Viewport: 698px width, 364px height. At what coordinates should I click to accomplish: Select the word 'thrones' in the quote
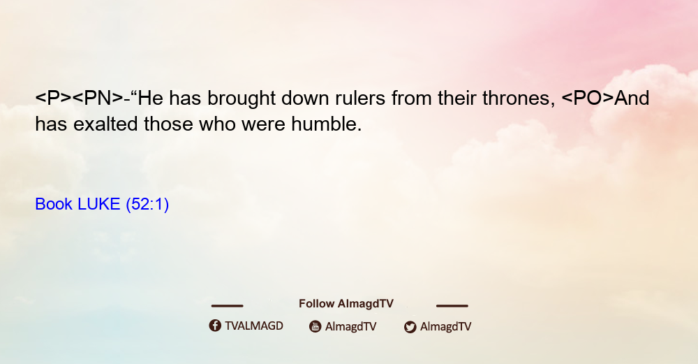pos(516,98)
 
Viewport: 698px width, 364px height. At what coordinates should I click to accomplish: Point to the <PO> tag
pos(588,98)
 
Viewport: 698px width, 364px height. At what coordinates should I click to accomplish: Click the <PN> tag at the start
pos(98,98)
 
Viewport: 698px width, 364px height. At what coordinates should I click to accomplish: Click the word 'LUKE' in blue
pos(99,204)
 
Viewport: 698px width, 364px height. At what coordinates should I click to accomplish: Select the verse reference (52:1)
pos(147,205)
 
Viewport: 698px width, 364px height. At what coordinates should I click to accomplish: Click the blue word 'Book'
pos(54,204)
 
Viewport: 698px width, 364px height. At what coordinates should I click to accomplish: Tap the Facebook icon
pos(215,326)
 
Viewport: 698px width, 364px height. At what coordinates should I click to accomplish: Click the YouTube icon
pos(315,326)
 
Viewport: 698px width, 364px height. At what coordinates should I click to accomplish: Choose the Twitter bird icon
pos(410,327)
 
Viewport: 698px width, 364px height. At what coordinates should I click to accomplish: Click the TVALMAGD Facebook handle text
pos(254,326)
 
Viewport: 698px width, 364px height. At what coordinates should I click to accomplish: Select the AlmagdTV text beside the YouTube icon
pos(351,326)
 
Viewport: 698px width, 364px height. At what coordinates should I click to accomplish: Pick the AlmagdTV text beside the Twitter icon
pos(445,326)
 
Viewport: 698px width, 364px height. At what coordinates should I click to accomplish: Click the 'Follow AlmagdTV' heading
pos(346,303)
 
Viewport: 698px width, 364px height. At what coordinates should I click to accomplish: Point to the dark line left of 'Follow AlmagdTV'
pos(227,305)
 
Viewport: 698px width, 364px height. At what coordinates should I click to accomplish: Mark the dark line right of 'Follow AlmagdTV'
pos(452,305)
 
